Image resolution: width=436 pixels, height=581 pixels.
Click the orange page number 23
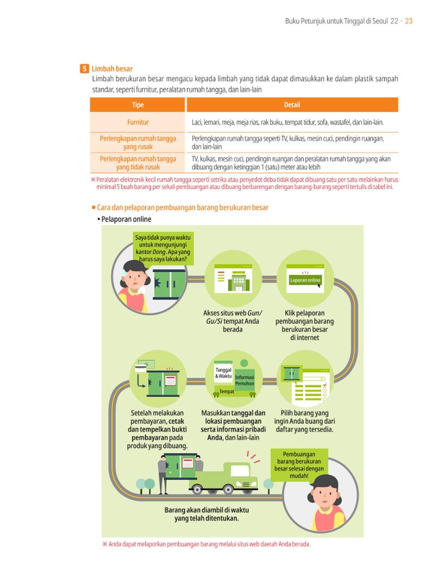(408, 21)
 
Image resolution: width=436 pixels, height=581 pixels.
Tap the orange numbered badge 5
(84, 69)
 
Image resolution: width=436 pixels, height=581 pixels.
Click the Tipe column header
(137, 105)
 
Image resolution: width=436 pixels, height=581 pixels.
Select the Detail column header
(292, 105)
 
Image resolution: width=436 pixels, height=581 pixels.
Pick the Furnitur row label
(138, 122)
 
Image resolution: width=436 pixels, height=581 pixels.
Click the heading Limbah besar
(112, 69)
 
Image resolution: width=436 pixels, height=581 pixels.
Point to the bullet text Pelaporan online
(126, 219)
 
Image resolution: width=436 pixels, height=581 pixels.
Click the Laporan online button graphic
(305, 280)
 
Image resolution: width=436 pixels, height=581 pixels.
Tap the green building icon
(239, 281)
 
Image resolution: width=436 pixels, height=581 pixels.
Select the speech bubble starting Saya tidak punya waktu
(163, 248)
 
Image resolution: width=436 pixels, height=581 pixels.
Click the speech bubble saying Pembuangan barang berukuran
(299, 465)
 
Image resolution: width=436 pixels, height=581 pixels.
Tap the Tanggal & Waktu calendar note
(223, 373)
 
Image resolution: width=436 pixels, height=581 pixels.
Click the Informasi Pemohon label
(245, 380)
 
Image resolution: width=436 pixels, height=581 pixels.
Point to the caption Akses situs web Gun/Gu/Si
(233, 321)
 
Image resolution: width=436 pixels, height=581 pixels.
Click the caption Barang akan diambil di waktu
(207, 514)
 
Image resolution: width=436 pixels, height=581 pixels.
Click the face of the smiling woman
(324, 495)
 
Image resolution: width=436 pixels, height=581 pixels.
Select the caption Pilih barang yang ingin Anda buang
(305, 421)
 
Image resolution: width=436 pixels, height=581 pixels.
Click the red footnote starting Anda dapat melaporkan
(207, 544)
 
